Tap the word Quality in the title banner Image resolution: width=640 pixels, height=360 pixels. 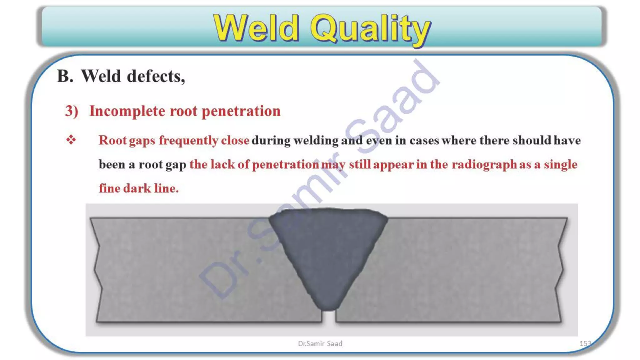370,29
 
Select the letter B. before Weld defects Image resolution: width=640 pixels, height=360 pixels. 65,76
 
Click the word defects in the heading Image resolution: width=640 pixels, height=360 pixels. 156,76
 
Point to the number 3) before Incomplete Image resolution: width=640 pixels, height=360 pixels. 72,111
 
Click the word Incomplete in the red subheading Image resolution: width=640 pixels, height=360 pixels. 127,111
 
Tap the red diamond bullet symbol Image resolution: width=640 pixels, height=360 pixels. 71,140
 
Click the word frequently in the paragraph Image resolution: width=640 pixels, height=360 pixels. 188,141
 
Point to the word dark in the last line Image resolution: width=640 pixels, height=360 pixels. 137,188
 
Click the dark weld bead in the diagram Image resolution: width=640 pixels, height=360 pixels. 328,250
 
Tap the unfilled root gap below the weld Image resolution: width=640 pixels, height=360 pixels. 328,317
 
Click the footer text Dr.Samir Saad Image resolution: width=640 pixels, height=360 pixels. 320,344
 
